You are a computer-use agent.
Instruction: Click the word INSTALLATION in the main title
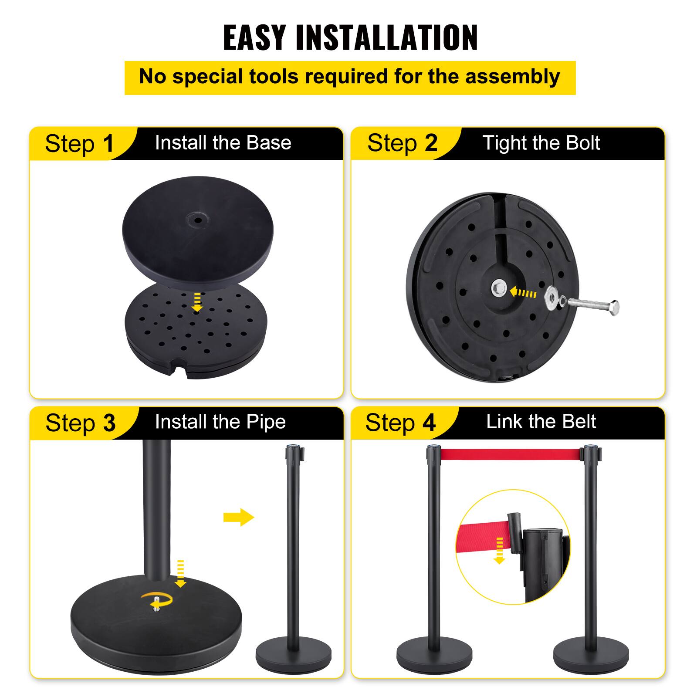pos(386,38)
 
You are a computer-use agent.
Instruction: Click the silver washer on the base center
pos(499,288)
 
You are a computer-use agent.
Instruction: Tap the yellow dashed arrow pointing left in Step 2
pos(523,292)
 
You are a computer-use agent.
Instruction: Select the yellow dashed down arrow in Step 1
pos(197,302)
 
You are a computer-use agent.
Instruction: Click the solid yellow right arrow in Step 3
pos(238,517)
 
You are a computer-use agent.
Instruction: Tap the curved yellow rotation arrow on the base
pos(159,600)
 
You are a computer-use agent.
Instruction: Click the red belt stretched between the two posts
pos(512,454)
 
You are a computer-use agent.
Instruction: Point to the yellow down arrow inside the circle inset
pos(499,551)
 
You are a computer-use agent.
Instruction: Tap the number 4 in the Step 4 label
pos(429,423)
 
